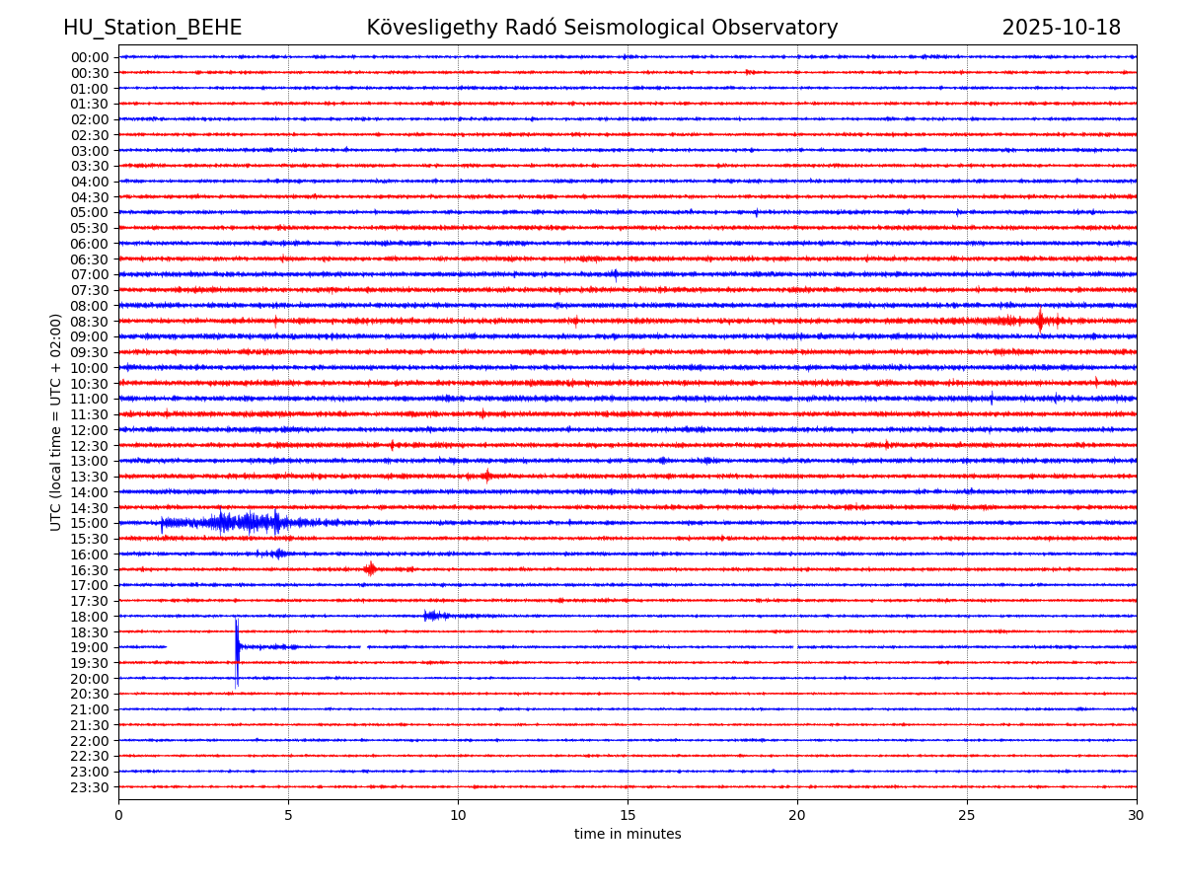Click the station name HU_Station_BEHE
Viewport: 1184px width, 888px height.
(152, 29)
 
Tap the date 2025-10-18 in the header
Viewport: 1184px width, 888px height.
(1061, 29)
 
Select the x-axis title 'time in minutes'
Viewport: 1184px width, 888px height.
(628, 835)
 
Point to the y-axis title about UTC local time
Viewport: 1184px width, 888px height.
(56, 422)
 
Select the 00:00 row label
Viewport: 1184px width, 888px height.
(90, 57)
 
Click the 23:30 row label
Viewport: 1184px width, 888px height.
(90, 787)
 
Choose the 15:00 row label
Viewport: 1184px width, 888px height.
(90, 523)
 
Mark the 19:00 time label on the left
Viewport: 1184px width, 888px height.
(90, 647)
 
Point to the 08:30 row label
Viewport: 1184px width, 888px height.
(90, 322)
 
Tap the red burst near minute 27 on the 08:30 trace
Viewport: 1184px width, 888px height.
(1040, 321)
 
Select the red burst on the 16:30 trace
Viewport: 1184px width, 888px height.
(370, 568)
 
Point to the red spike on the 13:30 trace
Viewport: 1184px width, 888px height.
(486, 476)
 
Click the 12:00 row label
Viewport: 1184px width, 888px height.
(90, 430)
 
